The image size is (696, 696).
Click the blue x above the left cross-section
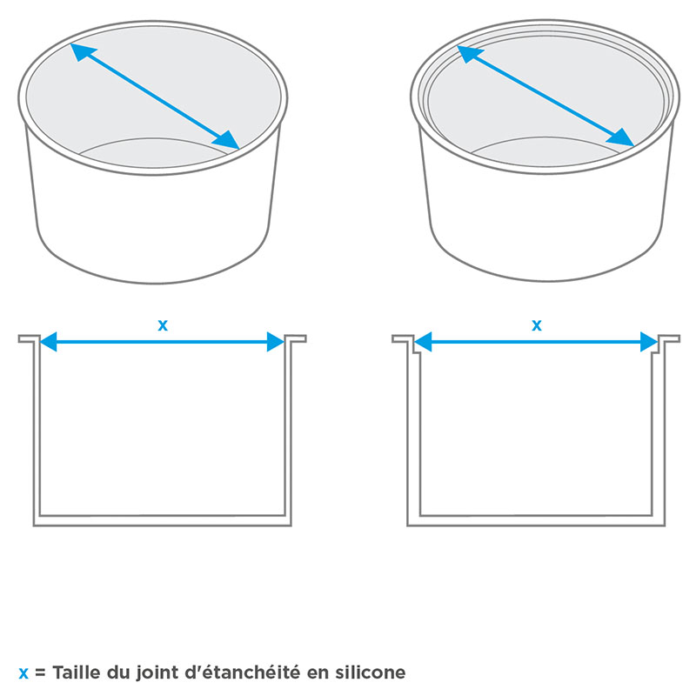tap(163, 325)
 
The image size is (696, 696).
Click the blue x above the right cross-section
tap(537, 325)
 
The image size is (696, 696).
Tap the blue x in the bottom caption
tap(23, 673)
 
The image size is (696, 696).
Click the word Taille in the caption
tap(77, 672)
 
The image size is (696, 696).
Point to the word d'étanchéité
tap(242, 672)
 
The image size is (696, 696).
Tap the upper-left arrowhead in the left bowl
tap(82, 51)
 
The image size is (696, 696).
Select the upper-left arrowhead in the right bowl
tap(469, 54)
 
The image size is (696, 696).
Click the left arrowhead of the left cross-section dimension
tap(49, 342)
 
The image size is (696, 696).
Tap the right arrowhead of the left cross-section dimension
tap(276, 342)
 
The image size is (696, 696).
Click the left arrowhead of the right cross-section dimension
tap(423, 342)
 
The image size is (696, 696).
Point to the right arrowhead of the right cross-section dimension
tap(649, 342)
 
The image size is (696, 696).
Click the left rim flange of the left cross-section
tap(29, 338)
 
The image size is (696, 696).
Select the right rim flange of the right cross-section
tap(669, 338)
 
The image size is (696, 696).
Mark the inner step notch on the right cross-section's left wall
tap(417, 352)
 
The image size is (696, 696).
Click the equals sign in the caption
tap(40, 673)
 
